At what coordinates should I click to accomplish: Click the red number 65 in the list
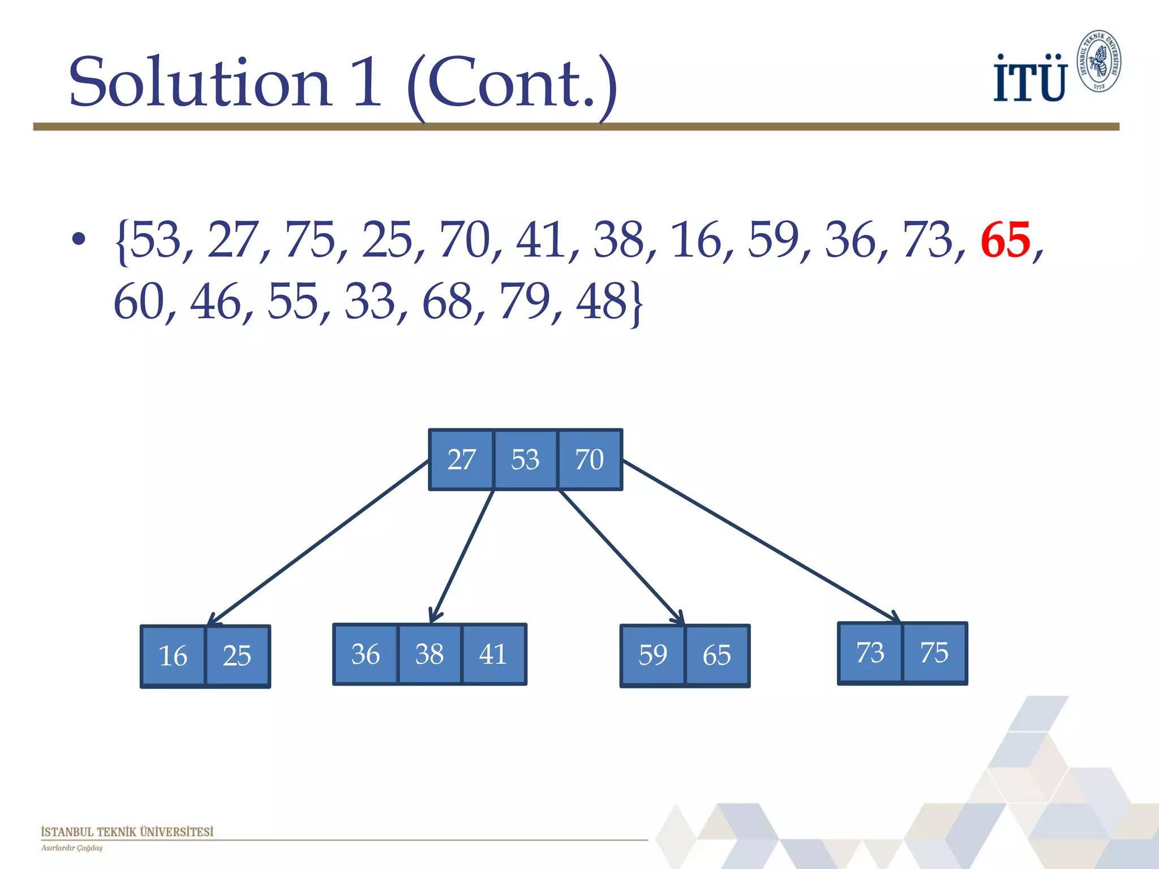pyautogui.click(x=1005, y=240)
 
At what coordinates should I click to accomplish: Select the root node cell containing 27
pyautogui.click(x=461, y=459)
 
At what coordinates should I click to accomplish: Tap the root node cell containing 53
pyautogui.click(x=525, y=459)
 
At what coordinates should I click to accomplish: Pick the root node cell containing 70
pyautogui.click(x=590, y=459)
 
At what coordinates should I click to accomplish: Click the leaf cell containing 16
pyautogui.click(x=173, y=656)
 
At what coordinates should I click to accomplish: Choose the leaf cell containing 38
pyautogui.click(x=430, y=655)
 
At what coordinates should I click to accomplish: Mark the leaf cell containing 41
pyautogui.click(x=493, y=655)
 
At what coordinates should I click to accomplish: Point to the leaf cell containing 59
pyautogui.click(x=653, y=656)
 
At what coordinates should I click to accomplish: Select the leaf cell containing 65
pyautogui.click(x=717, y=656)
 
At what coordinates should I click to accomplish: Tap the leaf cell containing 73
pyautogui.click(x=870, y=653)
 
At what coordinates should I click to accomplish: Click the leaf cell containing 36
pyautogui.click(x=366, y=655)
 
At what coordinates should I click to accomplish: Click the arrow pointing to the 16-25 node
pyautogui.click(x=317, y=543)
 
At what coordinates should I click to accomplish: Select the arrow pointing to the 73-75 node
pyautogui.click(x=758, y=541)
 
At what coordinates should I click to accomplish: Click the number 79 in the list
pyautogui.click(x=524, y=301)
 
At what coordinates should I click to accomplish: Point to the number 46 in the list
pyautogui.click(x=216, y=301)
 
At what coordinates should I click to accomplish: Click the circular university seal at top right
pyautogui.click(x=1098, y=61)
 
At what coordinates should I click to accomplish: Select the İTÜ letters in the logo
pyautogui.click(x=1030, y=79)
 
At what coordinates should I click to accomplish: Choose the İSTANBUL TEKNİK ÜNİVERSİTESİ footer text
pyautogui.click(x=127, y=832)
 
